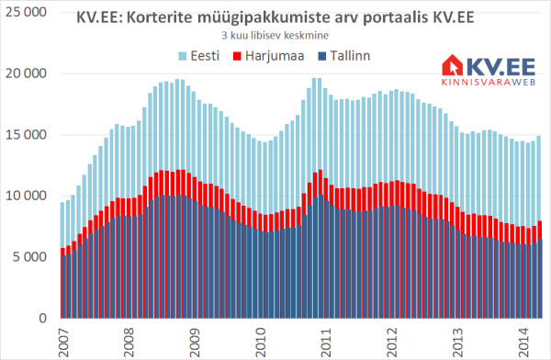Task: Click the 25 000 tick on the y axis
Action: [x=26, y=12]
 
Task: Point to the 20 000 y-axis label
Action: [x=26, y=73]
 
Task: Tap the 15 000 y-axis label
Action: [x=26, y=135]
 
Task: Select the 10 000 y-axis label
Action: [x=26, y=196]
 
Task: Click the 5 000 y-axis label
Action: [x=29, y=257]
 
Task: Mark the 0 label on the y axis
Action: [x=42, y=318]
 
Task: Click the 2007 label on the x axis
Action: [x=63, y=342]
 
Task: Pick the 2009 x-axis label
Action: [x=195, y=342]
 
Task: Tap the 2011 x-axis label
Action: [x=326, y=342]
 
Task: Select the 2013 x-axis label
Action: [x=457, y=342]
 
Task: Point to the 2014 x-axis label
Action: [x=523, y=342]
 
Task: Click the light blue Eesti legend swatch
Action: [x=183, y=56]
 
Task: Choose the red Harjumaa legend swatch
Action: [x=237, y=56]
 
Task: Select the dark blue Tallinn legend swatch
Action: [x=322, y=56]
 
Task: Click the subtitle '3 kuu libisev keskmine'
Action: [x=275, y=36]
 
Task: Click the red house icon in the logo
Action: [x=453, y=65]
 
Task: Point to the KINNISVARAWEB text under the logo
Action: [x=489, y=82]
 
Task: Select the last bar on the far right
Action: [x=539, y=227]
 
